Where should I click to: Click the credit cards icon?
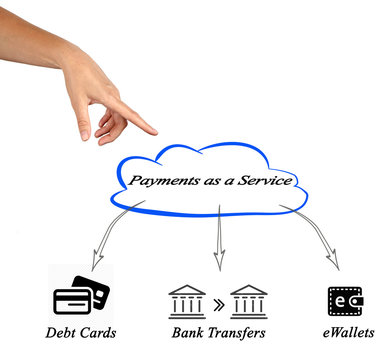pos(83,297)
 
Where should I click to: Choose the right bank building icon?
pos(250,301)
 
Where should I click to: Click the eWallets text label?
pos(345,333)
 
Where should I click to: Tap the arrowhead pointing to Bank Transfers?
pos(218,266)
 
